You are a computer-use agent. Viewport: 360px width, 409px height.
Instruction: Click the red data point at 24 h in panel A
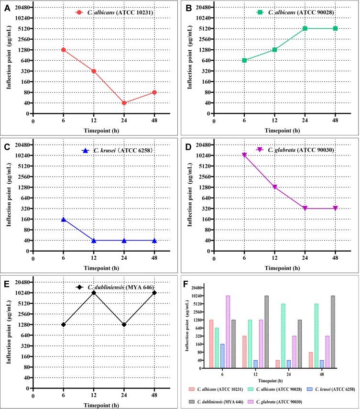(124, 103)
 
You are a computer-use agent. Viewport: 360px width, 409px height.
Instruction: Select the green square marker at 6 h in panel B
(244, 60)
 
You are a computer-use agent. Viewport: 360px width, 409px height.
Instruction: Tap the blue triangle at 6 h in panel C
(63, 219)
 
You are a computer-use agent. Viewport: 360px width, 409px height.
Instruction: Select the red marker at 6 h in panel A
(63, 50)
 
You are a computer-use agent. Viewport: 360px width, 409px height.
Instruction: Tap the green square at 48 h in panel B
(335, 28)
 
